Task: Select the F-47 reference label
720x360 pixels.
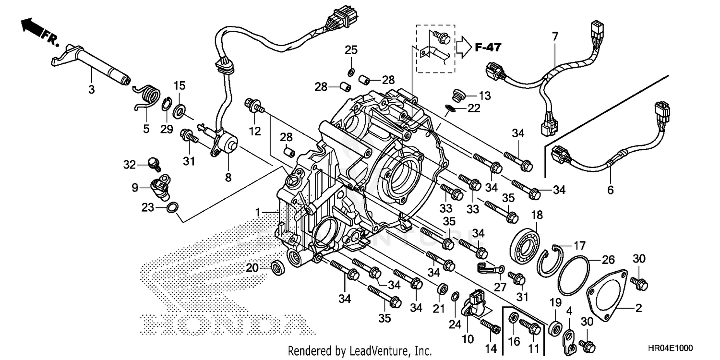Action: click(488, 47)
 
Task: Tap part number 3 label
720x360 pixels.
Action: click(91, 89)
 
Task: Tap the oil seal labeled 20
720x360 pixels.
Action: click(277, 267)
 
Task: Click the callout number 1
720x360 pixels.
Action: click(258, 212)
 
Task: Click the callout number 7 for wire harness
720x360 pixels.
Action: click(555, 36)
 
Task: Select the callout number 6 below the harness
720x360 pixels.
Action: click(610, 190)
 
